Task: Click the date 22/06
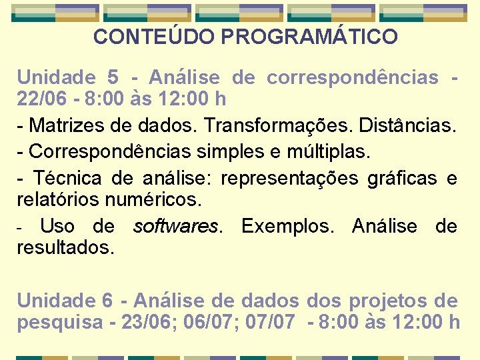click(42, 99)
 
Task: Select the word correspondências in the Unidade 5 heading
click(352, 78)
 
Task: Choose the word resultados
click(65, 247)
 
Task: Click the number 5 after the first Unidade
click(112, 78)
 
